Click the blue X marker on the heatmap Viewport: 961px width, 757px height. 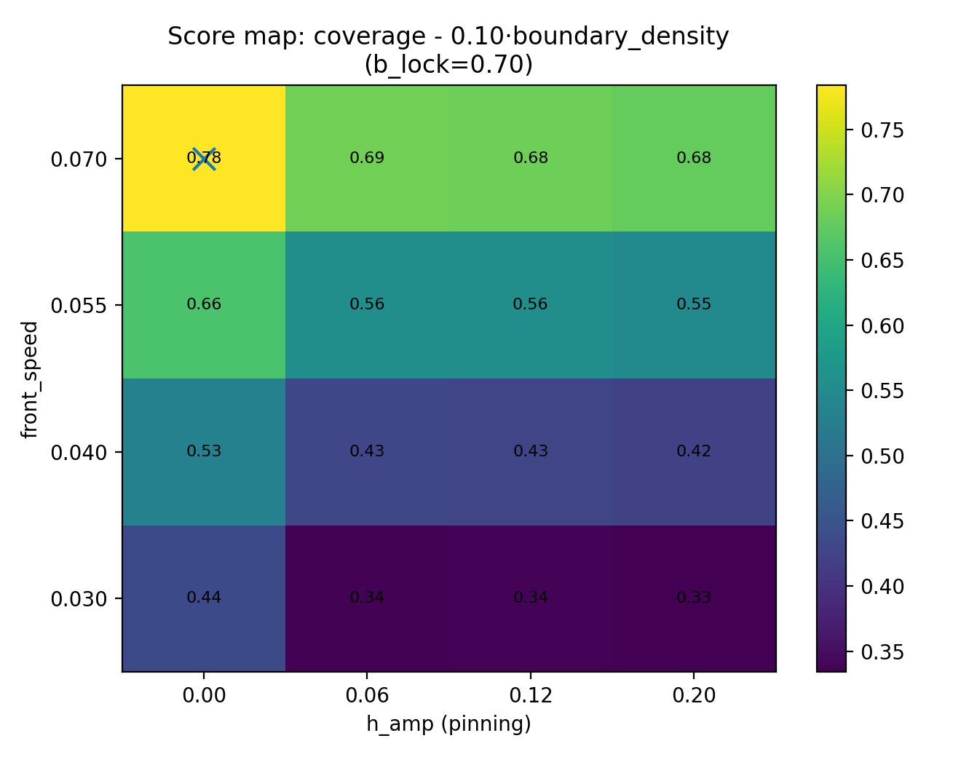(x=204, y=158)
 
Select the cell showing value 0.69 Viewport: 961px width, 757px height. (x=367, y=158)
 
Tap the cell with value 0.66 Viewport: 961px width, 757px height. (x=204, y=304)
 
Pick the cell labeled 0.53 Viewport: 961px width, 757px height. (x=204, y=451)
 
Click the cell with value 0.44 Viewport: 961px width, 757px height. (x=204, y=598)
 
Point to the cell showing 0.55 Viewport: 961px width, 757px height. (x=694, y=304)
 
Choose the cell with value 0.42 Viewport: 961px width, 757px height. (x=694, y=451)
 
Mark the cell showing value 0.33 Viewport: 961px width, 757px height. (x=694, y=598)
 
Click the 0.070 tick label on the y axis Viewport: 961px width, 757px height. (x=79, y=159)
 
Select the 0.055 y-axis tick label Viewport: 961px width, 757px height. (x=79, y=305)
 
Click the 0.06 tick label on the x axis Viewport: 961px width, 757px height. (x=367, y=696)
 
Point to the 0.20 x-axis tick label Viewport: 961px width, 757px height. (x=694, y=696)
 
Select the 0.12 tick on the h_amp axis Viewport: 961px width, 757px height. (x=531, y=696)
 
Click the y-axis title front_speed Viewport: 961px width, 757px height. (x=29, y=378)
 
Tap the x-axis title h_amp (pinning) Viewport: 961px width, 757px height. (x=448, y=724)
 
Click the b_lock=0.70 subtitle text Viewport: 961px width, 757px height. (x=448, y=65)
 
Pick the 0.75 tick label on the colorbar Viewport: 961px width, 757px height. (x=882, y=130)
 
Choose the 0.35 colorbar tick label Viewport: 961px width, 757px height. (x=882, y=651)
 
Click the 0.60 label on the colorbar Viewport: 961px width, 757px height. (x=882, y=325)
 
